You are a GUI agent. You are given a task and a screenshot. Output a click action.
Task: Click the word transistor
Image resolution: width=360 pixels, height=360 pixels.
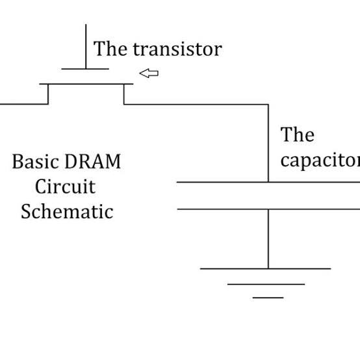(177, 49)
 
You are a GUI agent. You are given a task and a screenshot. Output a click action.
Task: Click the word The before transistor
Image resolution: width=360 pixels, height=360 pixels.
(110, 49)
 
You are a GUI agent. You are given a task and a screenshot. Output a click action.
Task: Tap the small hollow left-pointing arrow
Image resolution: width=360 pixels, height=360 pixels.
(149, 73)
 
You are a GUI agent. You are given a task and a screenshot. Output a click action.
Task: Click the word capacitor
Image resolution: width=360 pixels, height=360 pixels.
(320, 161)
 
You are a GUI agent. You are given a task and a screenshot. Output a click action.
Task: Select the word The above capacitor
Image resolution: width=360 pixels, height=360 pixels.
(298, 135)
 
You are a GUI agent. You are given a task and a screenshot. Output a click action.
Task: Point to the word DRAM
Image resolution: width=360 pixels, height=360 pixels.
(93, 161)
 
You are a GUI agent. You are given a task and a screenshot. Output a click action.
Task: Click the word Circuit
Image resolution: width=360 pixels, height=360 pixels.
(66, 186)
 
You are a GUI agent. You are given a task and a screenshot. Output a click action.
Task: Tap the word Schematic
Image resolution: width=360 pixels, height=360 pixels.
(67, 211)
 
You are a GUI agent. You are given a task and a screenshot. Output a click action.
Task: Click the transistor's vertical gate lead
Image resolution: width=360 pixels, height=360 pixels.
(86, 46)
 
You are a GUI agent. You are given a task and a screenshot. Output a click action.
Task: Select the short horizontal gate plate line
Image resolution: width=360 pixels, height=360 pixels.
(85, 69)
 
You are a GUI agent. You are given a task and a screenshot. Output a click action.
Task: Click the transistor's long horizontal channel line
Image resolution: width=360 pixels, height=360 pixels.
(86, 84)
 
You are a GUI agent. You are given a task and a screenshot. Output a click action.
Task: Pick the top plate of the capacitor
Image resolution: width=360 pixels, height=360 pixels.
(268, 182)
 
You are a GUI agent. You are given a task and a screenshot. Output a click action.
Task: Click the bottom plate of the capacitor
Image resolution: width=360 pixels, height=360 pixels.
(268, 209)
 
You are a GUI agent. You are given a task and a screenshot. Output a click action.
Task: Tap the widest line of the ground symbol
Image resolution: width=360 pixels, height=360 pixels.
(265, 268)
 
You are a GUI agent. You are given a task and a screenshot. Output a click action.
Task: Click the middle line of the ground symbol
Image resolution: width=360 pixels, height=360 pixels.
(266, 284)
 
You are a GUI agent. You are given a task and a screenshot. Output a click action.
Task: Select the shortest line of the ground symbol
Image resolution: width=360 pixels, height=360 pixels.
(268, 298)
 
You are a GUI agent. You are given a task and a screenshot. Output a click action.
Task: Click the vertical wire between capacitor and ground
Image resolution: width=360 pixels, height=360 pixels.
(268, 238)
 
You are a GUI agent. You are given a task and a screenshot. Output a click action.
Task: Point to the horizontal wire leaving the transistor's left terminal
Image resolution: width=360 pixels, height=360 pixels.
(24, 104)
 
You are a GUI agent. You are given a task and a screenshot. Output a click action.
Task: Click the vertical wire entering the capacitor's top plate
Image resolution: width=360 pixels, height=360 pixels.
(268, 143)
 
